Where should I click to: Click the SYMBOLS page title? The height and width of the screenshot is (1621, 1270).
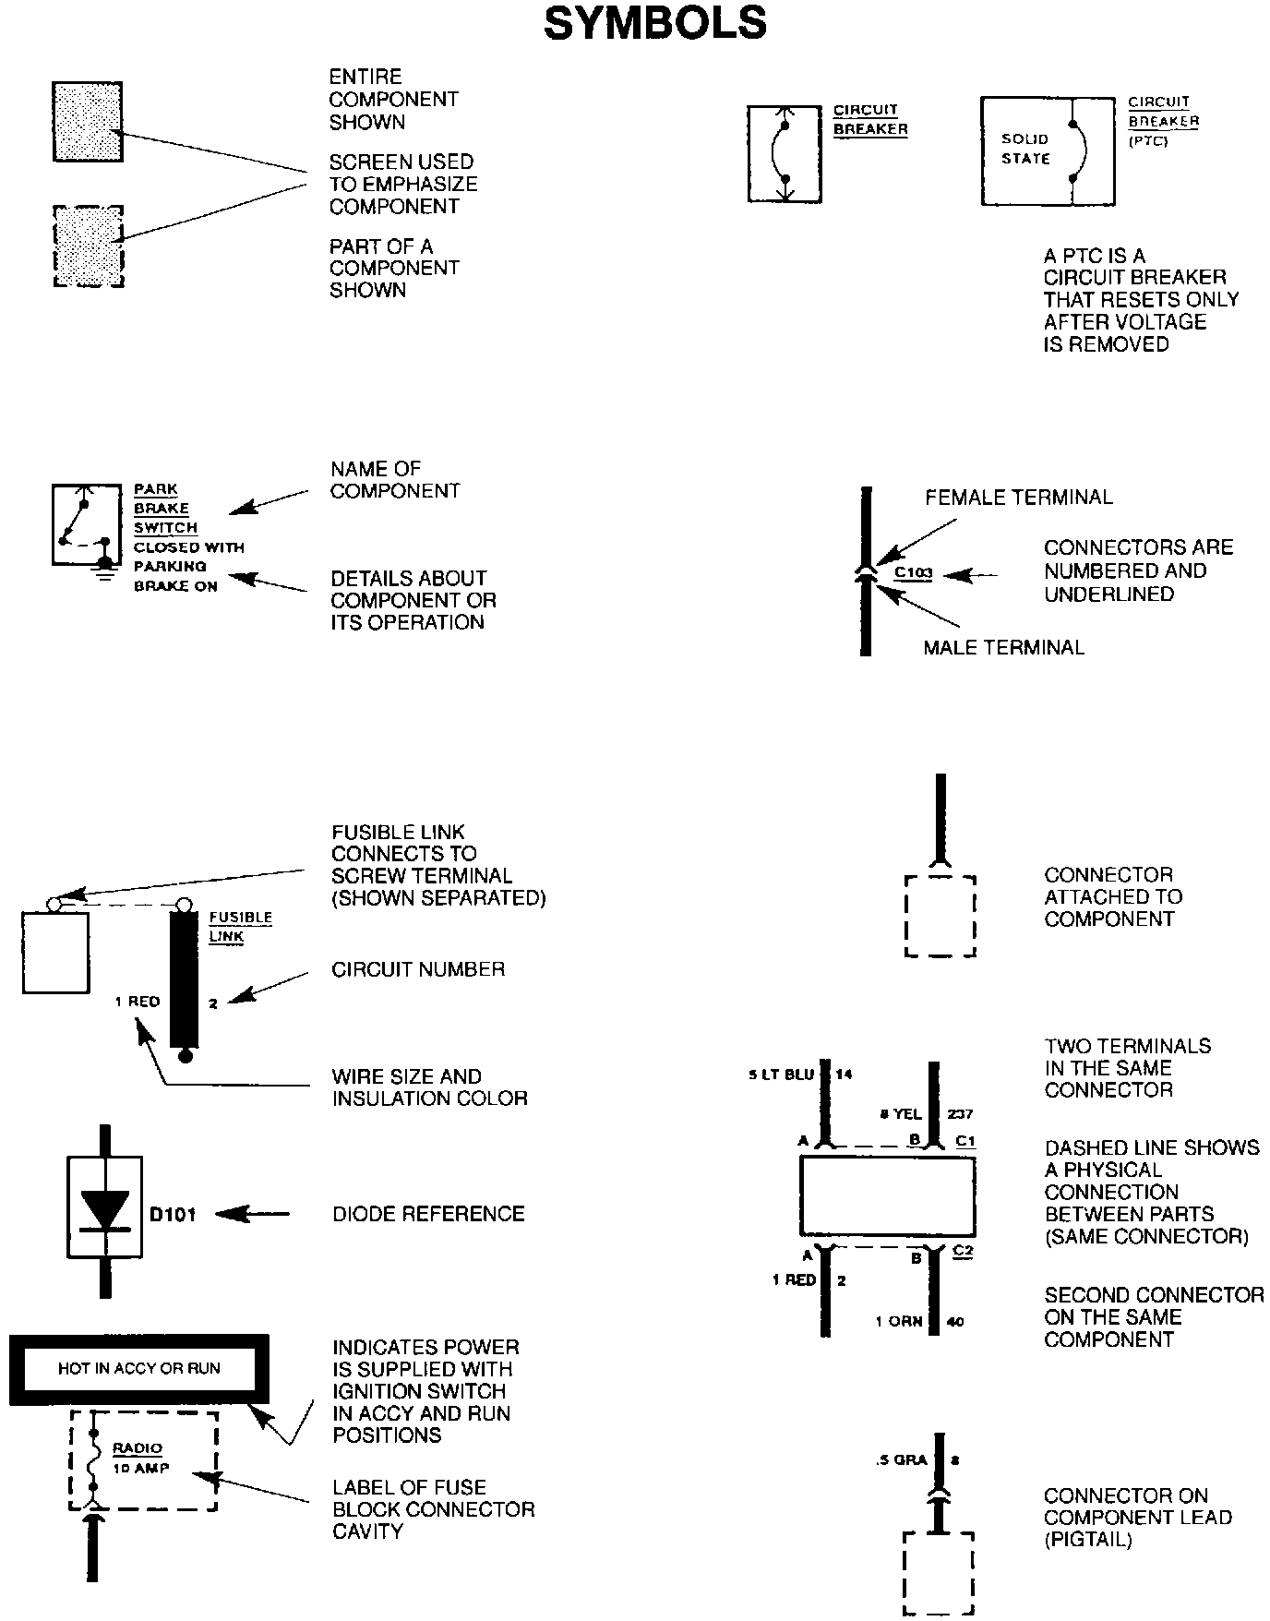(655, 23)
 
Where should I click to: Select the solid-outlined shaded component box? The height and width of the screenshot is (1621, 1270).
(88, 122)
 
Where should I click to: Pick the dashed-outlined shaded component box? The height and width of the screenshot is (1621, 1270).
(89, 246)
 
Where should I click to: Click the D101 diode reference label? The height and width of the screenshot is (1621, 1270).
(173, 1214)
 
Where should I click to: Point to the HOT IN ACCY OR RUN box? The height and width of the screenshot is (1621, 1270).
(139, 1368)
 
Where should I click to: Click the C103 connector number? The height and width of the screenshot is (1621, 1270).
(914, 573)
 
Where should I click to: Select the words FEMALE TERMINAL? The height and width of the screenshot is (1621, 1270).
(1019, 498)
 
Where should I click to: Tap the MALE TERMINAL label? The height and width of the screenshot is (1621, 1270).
(1003, 647)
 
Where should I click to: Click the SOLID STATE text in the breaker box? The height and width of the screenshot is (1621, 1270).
(1025, 149)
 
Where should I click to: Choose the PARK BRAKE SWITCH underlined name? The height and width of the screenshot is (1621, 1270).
(165, 509)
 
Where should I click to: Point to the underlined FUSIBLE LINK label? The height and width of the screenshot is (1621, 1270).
(240, 926)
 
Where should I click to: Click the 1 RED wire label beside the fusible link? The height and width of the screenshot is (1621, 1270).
(138, 1002)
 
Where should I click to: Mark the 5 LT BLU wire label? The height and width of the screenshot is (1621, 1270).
(781, 1075)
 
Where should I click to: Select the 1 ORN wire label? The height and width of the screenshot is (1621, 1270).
(899, 1321)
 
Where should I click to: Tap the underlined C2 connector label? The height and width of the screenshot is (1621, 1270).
(963, 1251)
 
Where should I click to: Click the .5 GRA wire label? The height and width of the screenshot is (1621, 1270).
(902, 1461)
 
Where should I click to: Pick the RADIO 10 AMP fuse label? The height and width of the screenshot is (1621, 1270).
(140, 1459)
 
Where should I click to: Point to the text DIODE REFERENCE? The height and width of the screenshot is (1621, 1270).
(428, 1214)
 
